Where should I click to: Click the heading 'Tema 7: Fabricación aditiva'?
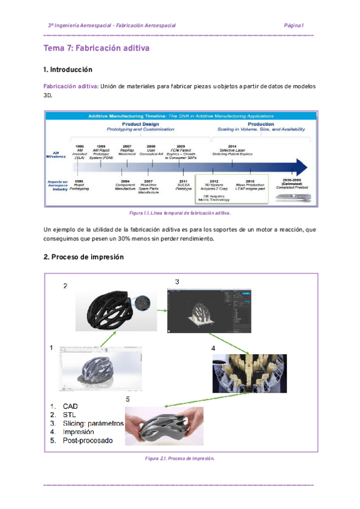(x=96, y=48)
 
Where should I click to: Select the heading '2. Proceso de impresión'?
(x=83, y=257)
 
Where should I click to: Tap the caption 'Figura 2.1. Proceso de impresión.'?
(x=180, y=458)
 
